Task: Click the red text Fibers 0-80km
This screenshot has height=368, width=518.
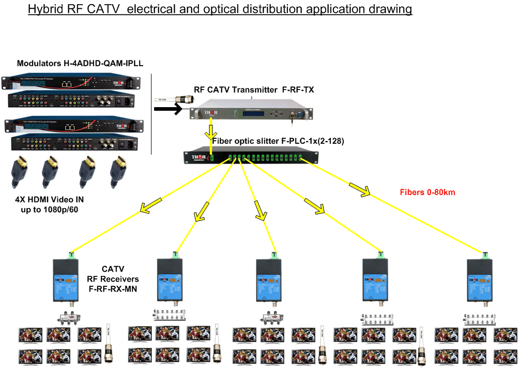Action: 427,193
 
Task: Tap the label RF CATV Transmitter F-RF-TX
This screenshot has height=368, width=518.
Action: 254,90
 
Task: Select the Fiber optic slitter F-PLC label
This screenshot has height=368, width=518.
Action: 278,141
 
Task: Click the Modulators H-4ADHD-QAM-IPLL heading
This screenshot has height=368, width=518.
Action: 80,64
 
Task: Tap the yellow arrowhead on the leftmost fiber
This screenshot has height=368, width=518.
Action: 146,208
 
